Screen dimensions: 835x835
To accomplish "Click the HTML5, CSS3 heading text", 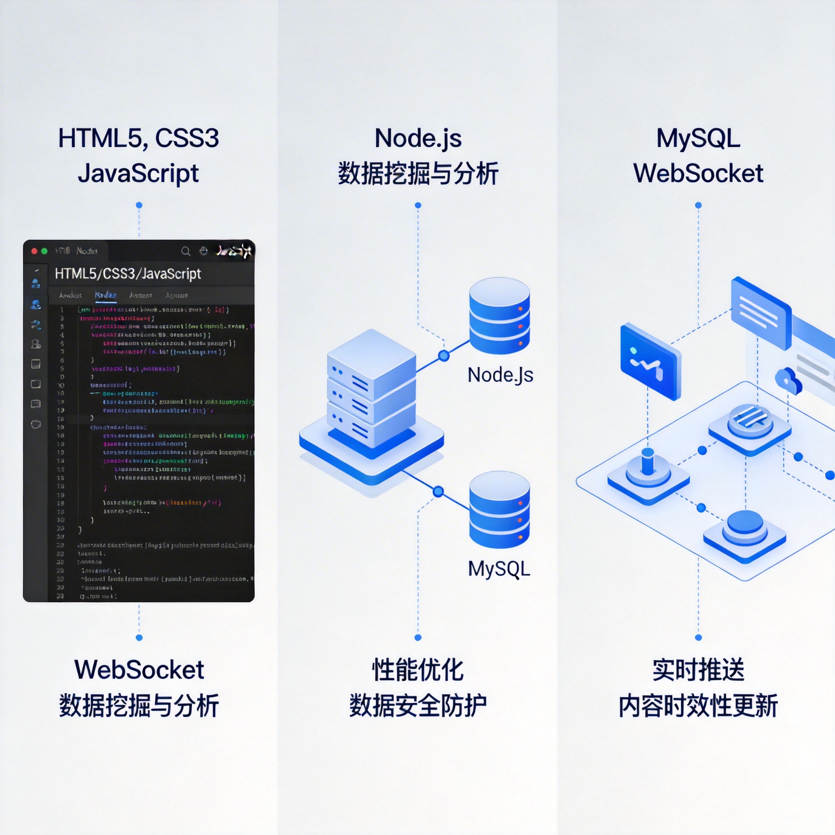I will pos(138,138).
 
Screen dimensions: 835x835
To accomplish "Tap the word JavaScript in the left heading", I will pos(138,174).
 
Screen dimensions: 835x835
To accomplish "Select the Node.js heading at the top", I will pos(417,138).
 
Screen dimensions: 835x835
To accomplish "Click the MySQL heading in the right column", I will pos(698,138).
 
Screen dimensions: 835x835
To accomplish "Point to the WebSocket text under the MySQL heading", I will pos(698,174).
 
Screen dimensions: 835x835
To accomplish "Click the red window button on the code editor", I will pos(35,251).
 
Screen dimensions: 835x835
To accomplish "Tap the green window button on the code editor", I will pos(44,251).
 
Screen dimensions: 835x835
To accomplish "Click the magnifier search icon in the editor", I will pos(186,251).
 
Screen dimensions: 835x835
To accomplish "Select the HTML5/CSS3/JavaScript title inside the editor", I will pos(128,274).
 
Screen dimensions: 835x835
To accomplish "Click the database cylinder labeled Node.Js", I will pos(499,316).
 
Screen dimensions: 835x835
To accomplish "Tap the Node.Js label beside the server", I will pos(500,375).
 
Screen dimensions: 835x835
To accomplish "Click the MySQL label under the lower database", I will pos(499,569).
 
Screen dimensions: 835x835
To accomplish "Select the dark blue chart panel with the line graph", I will pos(650,361).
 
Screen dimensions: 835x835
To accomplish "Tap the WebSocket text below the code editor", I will pos(139,670).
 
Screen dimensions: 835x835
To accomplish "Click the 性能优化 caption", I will pos(417,670).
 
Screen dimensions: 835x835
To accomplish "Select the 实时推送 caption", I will pos(698,670).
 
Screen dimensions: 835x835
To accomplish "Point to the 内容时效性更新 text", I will pos(698,706).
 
